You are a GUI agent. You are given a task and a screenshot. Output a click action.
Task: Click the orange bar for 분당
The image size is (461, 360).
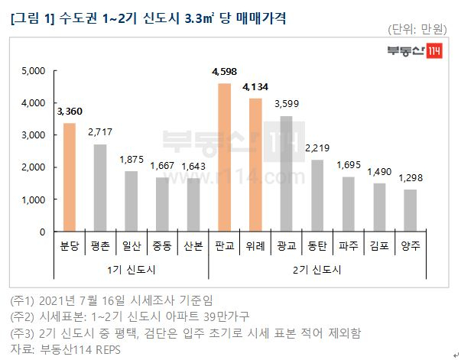69,177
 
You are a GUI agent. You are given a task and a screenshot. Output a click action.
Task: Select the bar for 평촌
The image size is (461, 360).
100,188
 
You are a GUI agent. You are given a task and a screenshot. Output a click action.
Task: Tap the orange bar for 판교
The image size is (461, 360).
224,157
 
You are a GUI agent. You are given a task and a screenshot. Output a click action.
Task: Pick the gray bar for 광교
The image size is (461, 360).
287,174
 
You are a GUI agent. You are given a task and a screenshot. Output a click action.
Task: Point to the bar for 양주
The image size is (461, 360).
411,210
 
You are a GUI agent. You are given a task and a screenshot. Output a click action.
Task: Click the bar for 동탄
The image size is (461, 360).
317,196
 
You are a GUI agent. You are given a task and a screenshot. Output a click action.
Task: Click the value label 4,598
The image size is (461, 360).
224,73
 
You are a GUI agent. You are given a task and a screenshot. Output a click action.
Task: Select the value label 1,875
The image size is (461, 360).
131,160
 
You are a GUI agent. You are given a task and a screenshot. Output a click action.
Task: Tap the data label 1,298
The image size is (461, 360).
411,178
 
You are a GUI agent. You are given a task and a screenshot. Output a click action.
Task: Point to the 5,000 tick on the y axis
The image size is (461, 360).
33,71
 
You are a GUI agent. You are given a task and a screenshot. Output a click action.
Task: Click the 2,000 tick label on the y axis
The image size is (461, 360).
33,167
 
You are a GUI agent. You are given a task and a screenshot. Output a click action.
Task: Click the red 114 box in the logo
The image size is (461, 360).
433,53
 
